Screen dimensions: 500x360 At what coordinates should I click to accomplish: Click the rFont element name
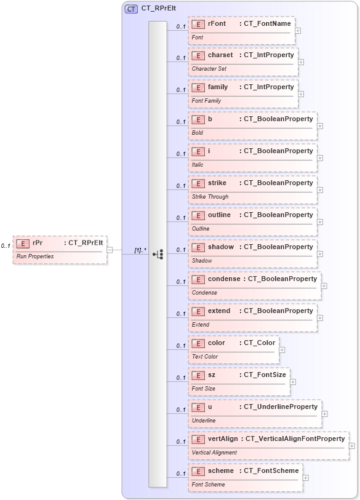point(217,23)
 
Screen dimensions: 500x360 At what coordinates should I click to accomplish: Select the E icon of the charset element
point(198,55)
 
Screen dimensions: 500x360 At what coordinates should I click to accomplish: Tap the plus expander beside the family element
point(301,93)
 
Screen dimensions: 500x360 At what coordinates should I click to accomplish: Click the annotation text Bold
point(198,133)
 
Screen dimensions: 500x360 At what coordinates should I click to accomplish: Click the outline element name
point(219,215)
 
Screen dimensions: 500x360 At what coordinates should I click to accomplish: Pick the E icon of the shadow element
point(198,247)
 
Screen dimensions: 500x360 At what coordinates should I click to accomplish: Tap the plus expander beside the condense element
point(324,285)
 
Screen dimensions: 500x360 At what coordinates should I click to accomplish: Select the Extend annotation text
point(201,325)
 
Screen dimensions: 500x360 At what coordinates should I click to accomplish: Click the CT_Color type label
point(260,343)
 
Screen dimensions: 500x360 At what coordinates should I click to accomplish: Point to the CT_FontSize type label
point(265,375)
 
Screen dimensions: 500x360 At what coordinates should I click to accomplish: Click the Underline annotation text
point(204,421)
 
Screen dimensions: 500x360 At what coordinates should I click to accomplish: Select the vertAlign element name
point(223,438)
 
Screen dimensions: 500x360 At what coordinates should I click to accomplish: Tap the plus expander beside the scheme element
point(305,477)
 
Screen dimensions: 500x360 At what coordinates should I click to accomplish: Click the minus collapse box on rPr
point(110,250)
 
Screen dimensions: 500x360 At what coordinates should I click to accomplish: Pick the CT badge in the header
point(131,9)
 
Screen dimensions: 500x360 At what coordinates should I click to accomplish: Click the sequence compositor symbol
point(158,253)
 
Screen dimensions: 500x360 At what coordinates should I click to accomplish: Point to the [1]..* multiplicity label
point(140,250)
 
